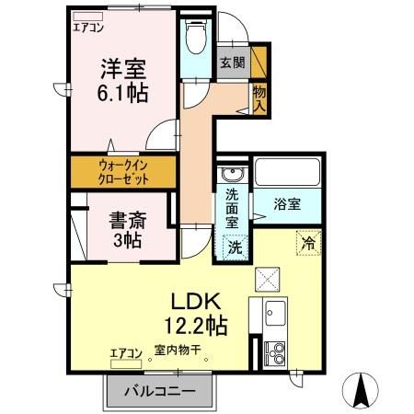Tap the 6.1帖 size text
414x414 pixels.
point(121,93)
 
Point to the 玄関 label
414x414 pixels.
point(233,63)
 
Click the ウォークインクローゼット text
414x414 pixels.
point(122,172)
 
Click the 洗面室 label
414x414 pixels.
point(233,208)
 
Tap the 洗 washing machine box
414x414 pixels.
point(234,247)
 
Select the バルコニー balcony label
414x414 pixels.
point(155,391)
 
